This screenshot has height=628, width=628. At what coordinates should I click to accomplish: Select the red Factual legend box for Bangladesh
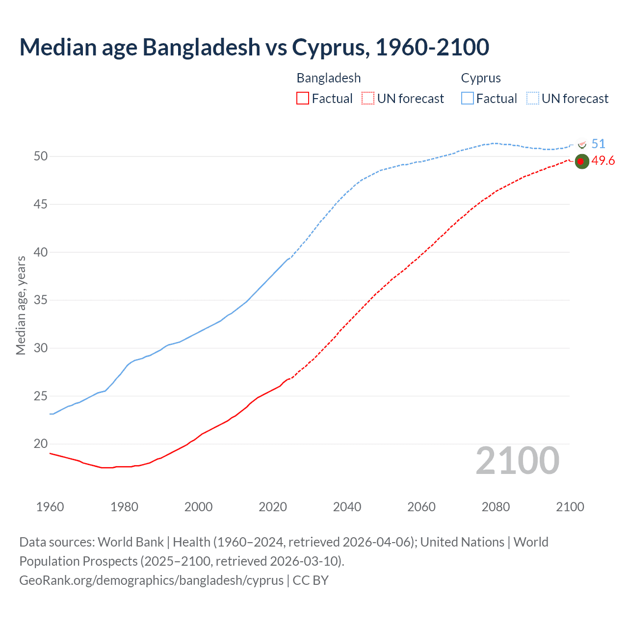(303, 99)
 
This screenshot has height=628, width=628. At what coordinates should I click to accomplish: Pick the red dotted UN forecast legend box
(368, 99)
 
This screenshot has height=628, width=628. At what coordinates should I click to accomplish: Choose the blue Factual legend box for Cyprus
(468, 99)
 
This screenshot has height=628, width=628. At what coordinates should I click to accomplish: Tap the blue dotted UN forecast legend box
(532, 99)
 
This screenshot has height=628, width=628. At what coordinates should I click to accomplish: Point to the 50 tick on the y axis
(41, 157)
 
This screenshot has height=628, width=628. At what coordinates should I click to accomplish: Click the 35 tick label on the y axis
(41, 300)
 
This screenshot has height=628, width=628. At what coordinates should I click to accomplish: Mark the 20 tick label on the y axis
(41, 444)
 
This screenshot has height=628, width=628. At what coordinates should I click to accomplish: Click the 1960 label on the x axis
(50, 507)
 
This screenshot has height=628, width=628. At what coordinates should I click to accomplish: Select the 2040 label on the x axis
(347, 507)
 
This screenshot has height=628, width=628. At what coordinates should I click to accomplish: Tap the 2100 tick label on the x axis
(570, 507)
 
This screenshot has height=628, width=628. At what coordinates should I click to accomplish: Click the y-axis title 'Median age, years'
(21, 305)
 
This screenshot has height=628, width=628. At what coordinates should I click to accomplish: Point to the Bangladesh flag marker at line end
(581, 161)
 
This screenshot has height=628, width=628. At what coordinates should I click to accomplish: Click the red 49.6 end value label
(603, 161)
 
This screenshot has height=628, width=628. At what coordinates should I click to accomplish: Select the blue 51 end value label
(598, 144)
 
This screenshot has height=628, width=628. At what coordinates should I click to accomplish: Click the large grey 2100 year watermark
(518, 461)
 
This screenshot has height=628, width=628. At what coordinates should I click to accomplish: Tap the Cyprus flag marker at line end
(582, 144)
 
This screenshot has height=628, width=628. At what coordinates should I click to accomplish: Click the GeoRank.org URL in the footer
(151, 580)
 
